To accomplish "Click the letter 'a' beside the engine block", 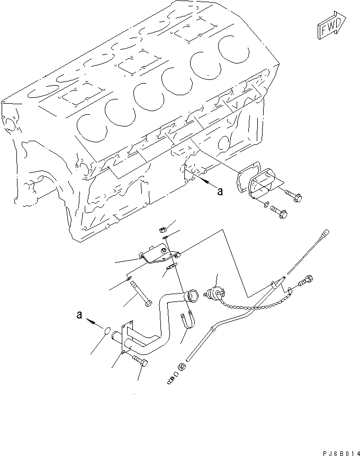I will pyautogui.click(x=219, y=191).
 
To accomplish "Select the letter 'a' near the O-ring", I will pyautogui.click(x=79, y=315).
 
